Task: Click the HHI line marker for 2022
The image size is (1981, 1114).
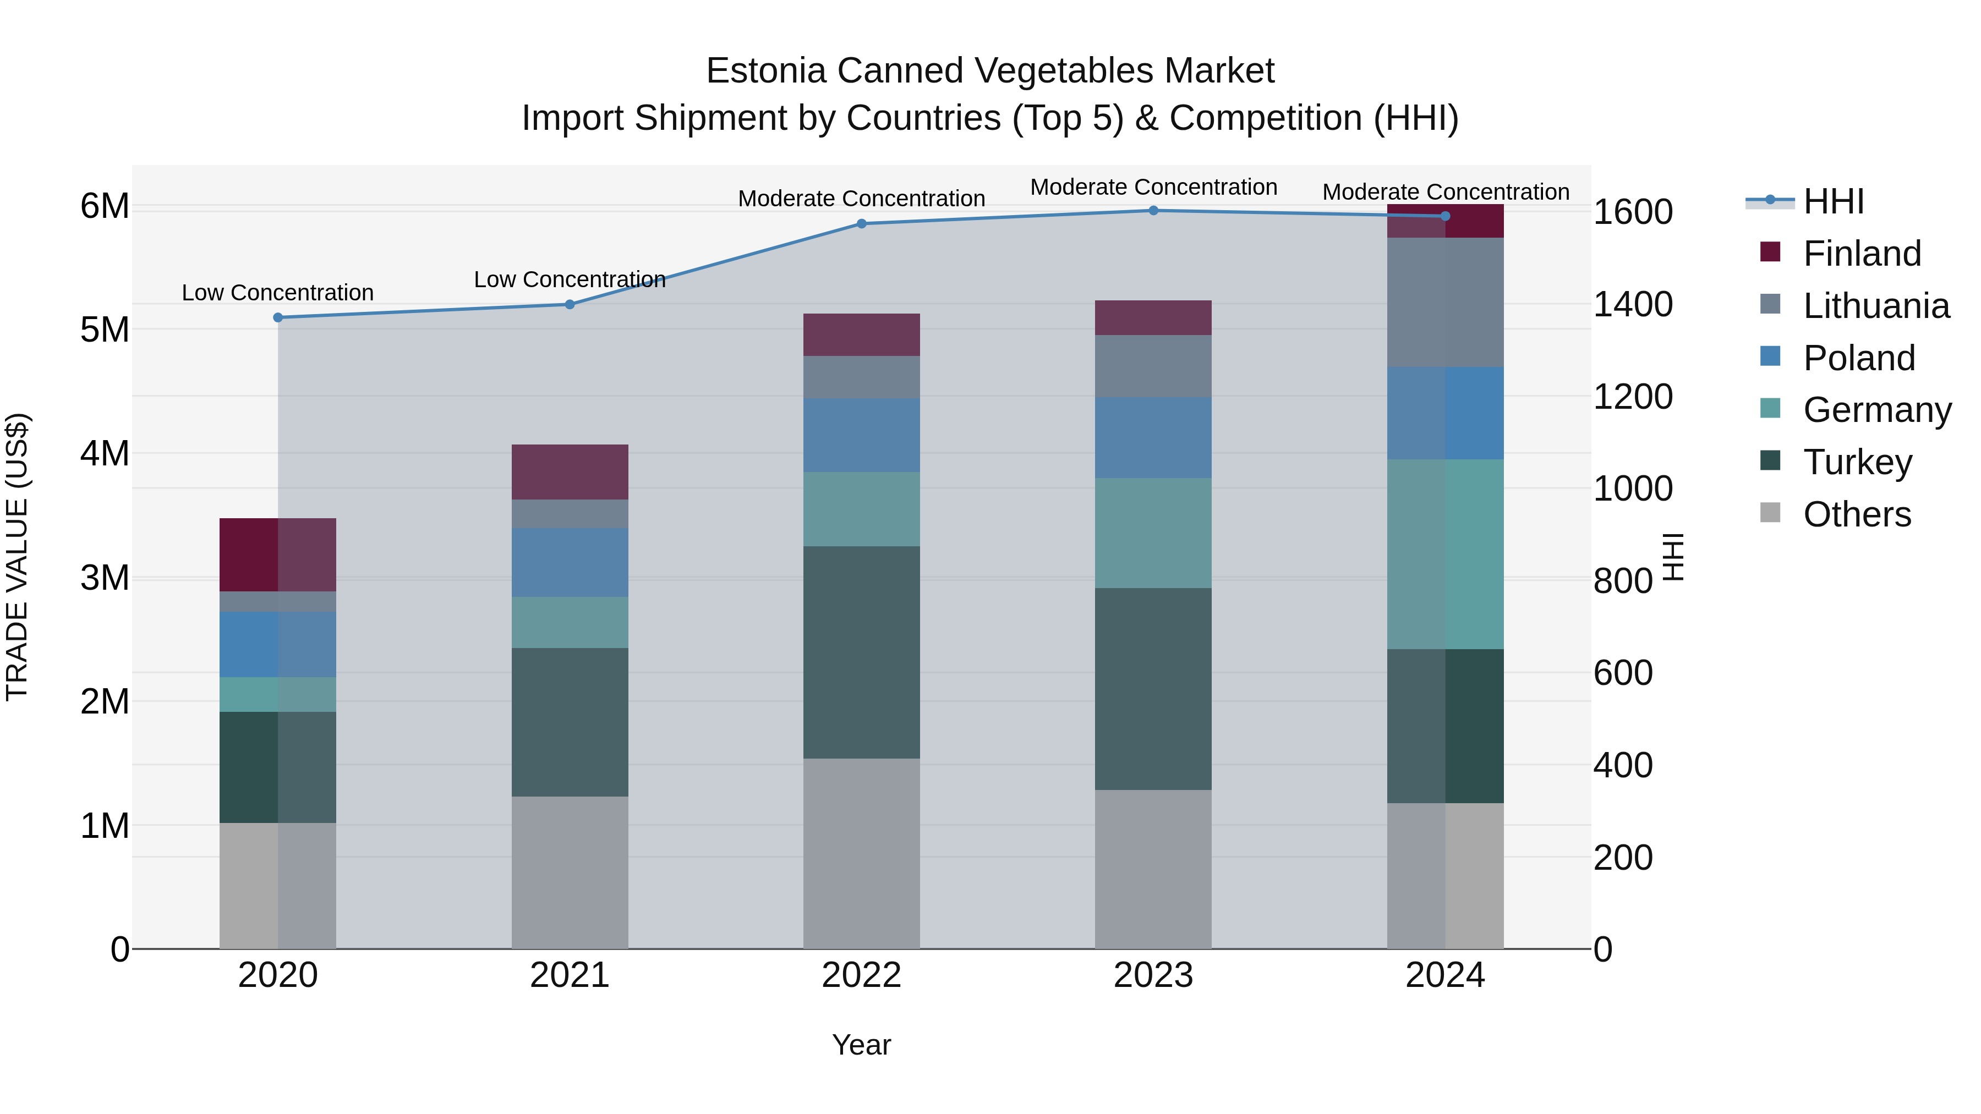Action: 861,224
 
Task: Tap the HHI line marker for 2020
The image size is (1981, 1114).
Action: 278,317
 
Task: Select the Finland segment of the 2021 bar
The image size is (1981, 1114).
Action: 570,472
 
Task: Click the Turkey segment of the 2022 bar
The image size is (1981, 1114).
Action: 861,652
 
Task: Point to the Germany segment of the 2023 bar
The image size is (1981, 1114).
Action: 1153,534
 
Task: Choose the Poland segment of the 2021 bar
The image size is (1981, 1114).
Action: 570,563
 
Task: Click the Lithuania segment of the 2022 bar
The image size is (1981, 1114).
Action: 861,377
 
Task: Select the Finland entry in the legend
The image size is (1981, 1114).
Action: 1861,254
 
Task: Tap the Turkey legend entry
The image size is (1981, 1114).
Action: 1857,462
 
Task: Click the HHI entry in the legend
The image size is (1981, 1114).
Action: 1834,201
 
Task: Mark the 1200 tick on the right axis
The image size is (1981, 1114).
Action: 1632,397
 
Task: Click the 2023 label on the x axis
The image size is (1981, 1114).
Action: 1153,975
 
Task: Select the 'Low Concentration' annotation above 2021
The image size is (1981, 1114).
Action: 570,279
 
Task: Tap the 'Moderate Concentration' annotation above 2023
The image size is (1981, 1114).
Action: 1153,187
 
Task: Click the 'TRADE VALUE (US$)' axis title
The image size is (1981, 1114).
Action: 17,557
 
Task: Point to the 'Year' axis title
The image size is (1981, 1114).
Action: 861,1045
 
